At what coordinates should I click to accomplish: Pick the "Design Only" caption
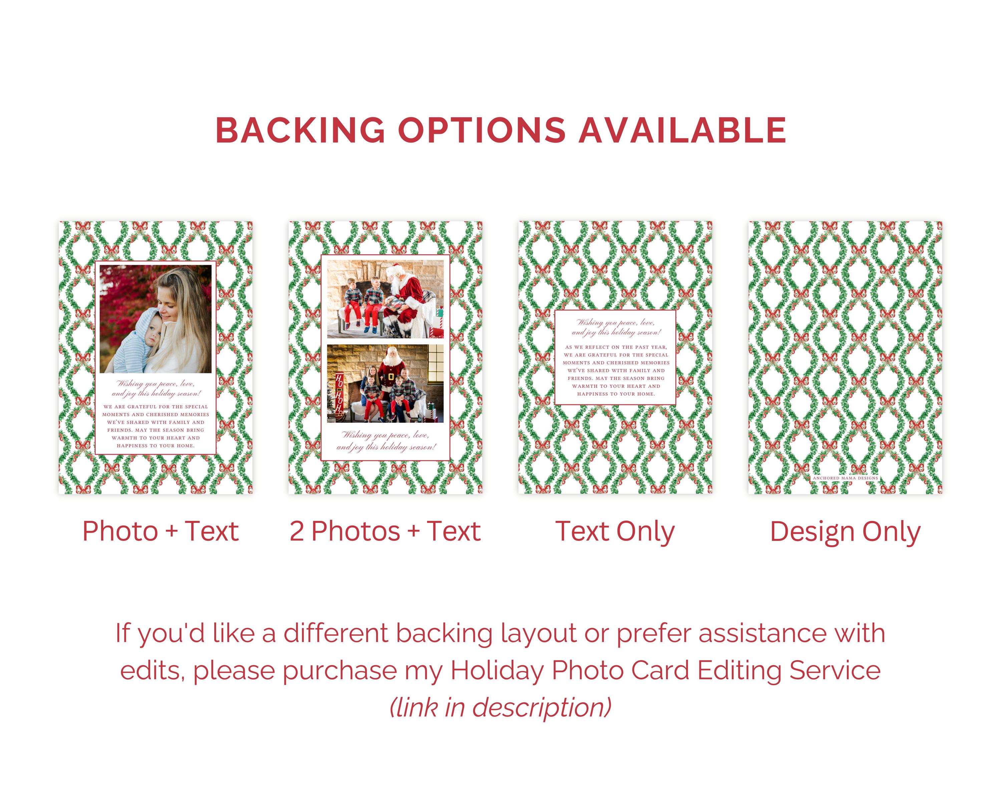click(x=845, y=532)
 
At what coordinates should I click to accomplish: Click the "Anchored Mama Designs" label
click(x=846, y=477)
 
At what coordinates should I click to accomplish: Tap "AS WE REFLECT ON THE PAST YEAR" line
click(x=616, y=347)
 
